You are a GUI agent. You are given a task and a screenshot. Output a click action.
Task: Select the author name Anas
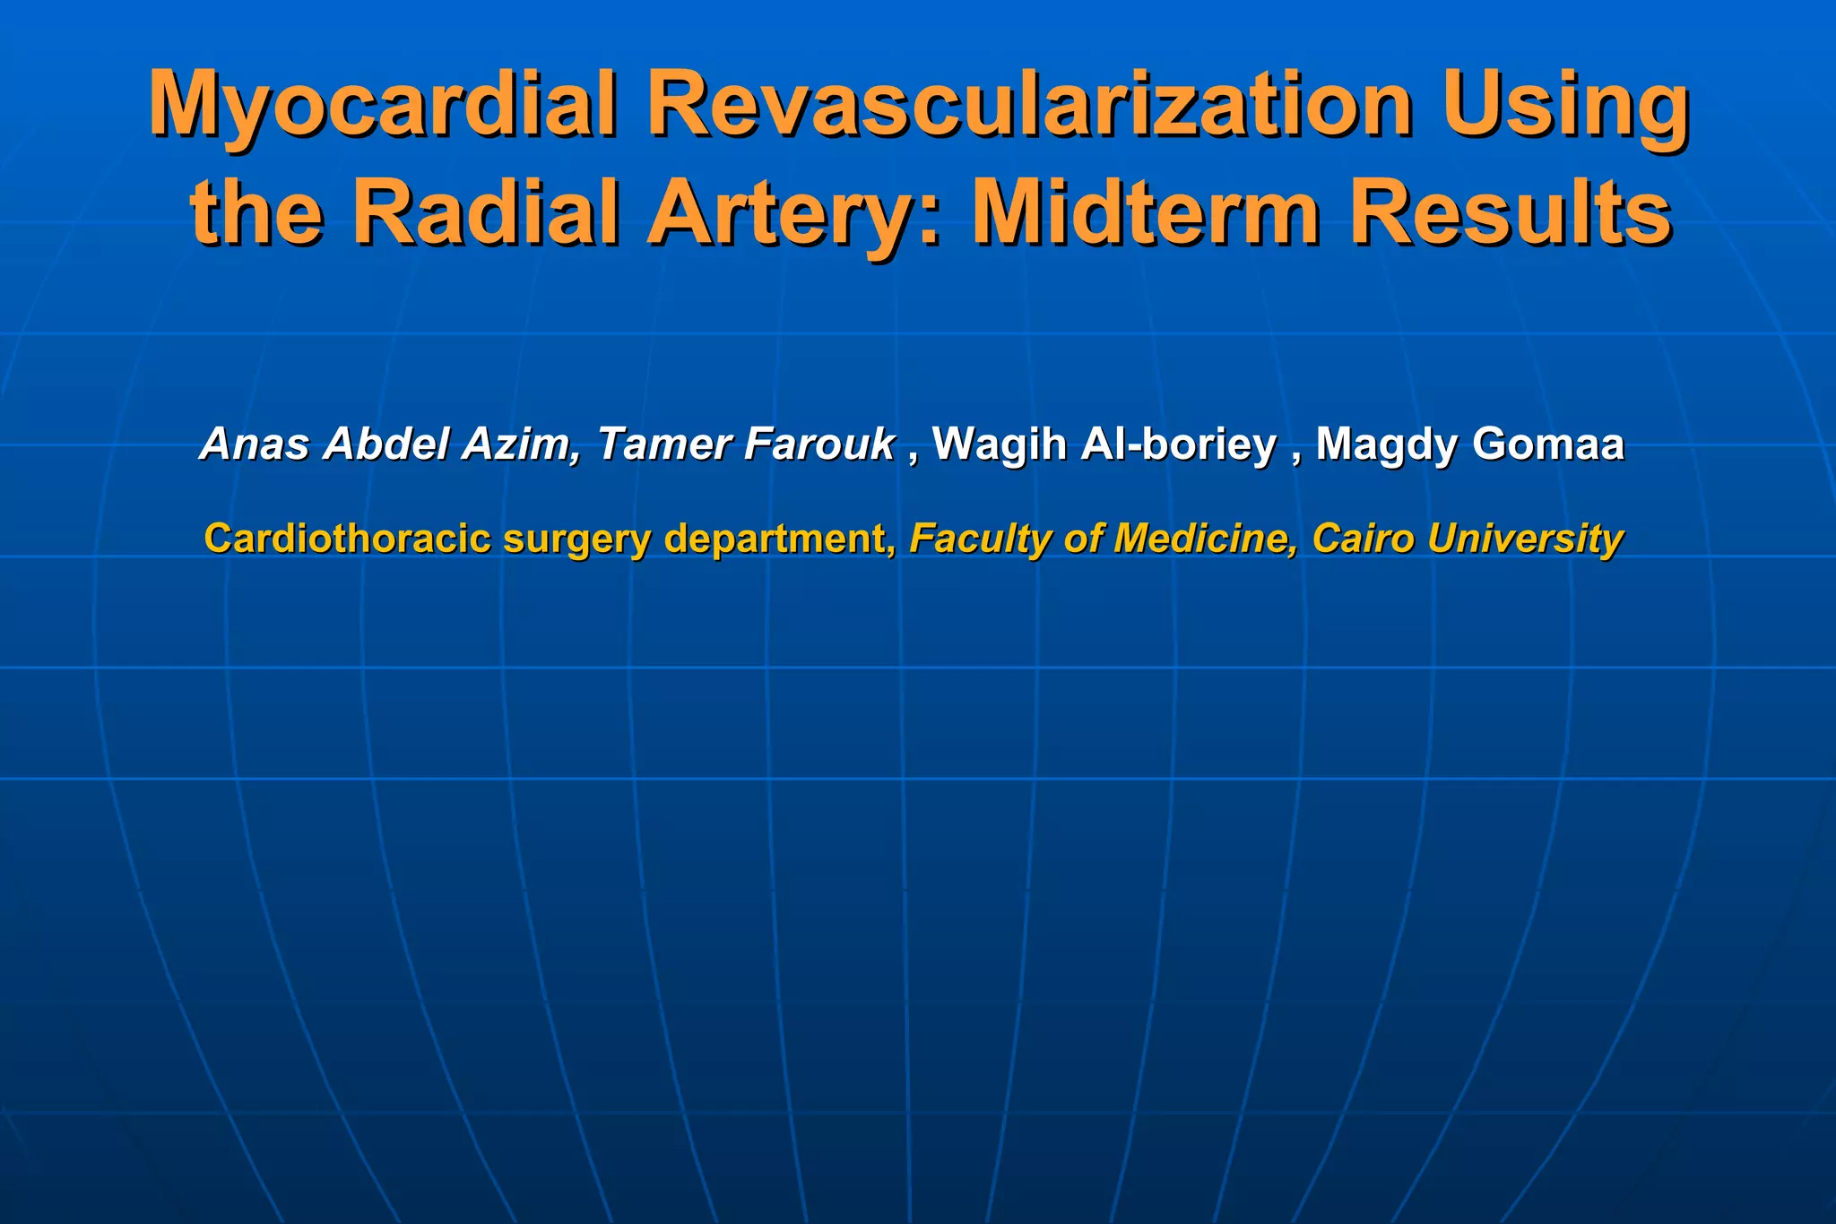click(255, 444)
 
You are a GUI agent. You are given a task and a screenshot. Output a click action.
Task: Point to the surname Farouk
click(820, 444)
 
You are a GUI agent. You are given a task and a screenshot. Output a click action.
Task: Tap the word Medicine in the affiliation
click(1205, 539)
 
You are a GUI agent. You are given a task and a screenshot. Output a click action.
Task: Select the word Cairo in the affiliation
click(1363, 539)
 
